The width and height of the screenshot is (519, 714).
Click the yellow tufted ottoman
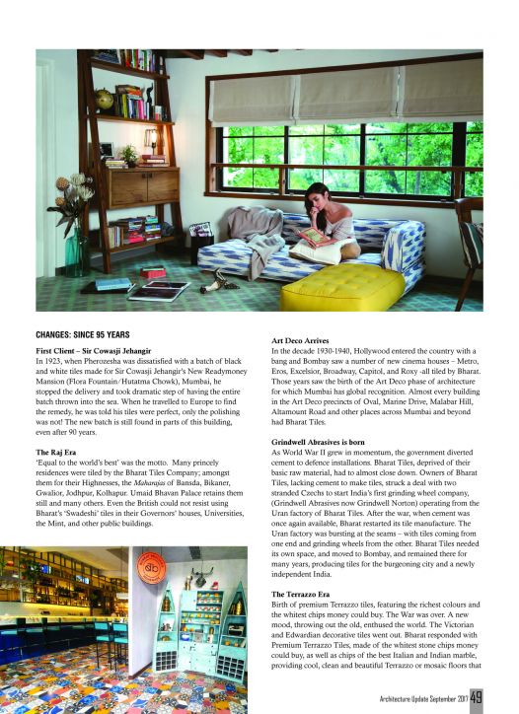tap(341, 285)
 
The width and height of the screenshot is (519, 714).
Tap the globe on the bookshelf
tap(105, 99)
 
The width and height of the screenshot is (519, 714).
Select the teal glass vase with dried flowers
tap(73, 250)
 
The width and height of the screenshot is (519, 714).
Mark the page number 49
tap(476, 697)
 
